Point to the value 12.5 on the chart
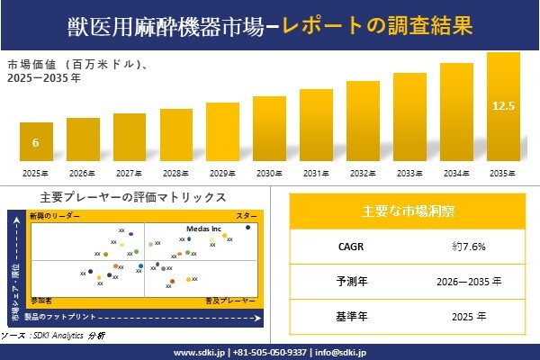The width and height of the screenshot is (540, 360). [503, 106]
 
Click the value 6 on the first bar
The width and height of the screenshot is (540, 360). [36, 143]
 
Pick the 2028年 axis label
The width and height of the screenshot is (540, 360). [176, 173]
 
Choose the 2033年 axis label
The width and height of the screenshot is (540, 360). [409, 173]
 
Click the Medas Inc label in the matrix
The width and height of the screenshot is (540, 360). [204, 229]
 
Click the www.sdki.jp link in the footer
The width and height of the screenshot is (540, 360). [199, 352]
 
